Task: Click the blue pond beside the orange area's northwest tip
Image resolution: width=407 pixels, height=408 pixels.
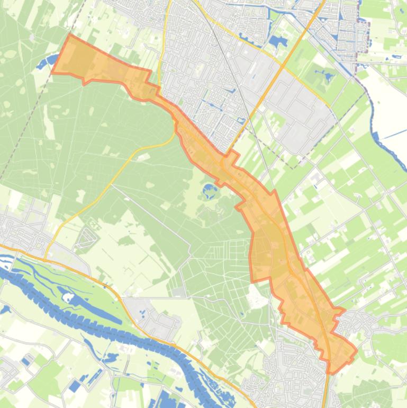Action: [42, 64]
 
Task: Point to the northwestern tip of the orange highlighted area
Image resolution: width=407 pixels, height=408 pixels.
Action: [70, 35]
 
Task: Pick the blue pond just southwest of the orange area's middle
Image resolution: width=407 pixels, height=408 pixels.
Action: [210, 190]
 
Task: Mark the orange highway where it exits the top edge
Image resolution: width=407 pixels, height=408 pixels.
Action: [322, 2]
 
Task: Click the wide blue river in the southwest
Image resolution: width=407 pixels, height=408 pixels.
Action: [106, 323]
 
